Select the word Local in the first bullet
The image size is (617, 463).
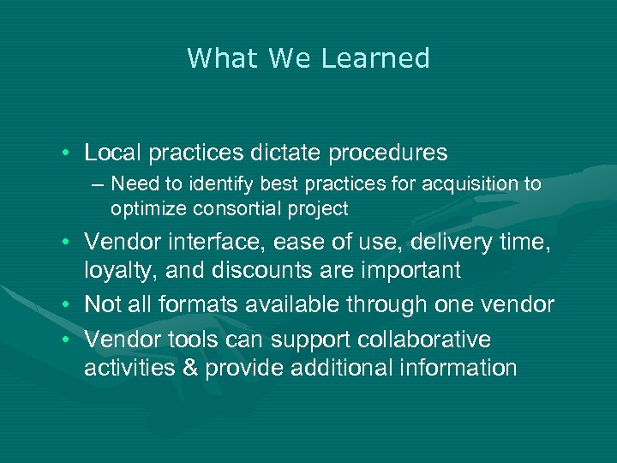click(113, 153)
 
